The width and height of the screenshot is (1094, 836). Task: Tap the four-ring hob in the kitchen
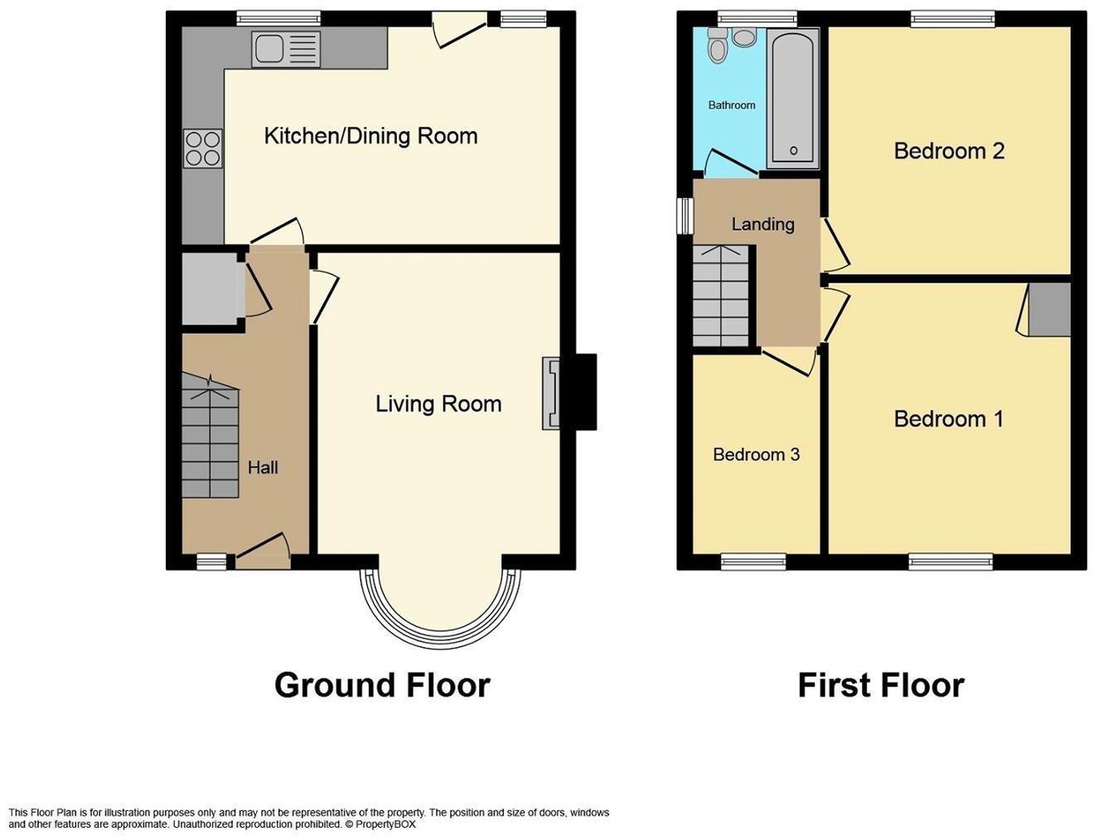203,149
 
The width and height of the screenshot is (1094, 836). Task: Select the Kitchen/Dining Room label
370,136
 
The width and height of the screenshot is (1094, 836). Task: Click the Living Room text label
438,404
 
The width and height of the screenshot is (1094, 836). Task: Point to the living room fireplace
552,393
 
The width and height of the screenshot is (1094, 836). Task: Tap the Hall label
263,468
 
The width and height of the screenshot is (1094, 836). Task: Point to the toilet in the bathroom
718,47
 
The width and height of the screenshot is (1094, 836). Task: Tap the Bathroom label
731,105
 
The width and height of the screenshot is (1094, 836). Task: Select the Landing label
762,224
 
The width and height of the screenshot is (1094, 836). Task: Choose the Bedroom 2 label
949,151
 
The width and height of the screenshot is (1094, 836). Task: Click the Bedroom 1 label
948,419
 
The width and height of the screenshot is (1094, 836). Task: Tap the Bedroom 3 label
756,454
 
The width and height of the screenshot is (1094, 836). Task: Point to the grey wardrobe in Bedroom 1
1049,309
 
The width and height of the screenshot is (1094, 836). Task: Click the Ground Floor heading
382,686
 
